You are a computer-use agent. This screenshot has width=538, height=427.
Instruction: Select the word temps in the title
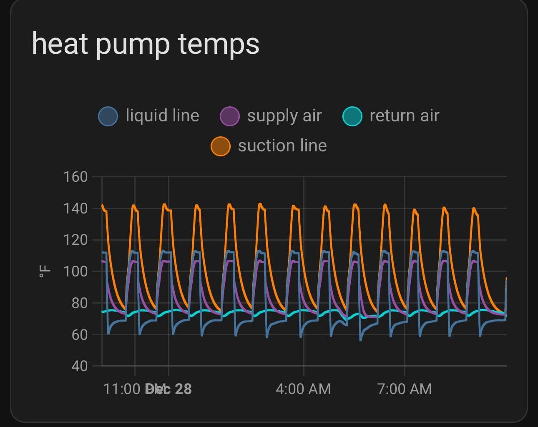tap(219, 44)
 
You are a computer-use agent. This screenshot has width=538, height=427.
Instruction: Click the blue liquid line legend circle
tap(108, 116)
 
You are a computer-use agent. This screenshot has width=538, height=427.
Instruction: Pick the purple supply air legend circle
tap(229, 116)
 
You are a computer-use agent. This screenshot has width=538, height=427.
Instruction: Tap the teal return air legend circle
tap(352, 116)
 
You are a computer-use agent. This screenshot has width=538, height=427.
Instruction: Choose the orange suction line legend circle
tap(221, 146)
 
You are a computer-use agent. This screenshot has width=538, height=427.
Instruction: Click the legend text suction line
tap(282, 146)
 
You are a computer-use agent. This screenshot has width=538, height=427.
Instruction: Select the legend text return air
tap(404, 116)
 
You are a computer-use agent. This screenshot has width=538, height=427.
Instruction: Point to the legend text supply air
tap(284, 116)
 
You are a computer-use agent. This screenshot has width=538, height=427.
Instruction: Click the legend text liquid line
tap(162, 116)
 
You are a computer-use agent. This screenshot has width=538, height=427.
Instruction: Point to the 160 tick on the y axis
tap(75, 177)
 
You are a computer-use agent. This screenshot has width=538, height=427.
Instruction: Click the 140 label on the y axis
tap(75, 208)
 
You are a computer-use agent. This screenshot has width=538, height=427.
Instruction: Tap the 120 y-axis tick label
tap(75, 240)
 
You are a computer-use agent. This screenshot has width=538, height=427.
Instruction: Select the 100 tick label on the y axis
tap(75, 271)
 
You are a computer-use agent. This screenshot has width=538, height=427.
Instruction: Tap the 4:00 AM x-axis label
tap(303, 389)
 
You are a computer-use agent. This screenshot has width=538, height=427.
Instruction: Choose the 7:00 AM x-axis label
tap(404, 389)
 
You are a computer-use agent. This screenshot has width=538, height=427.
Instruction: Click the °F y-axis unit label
tap(45, 271)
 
